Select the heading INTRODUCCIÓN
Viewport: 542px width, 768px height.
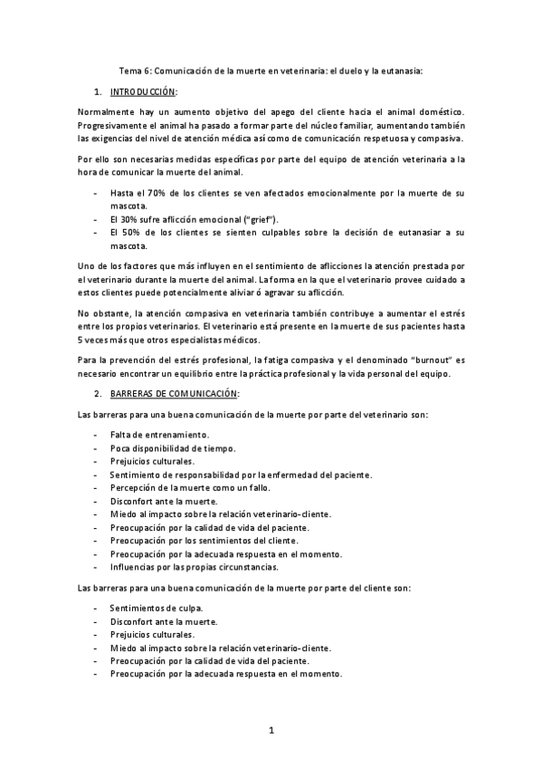(143, 92)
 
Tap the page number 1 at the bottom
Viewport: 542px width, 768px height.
(270, 729)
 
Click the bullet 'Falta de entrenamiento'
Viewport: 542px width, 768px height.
(159, 435)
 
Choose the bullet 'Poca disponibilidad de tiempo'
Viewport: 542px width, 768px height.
(172, 448)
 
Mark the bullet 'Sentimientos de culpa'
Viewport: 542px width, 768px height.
(156, 608)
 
